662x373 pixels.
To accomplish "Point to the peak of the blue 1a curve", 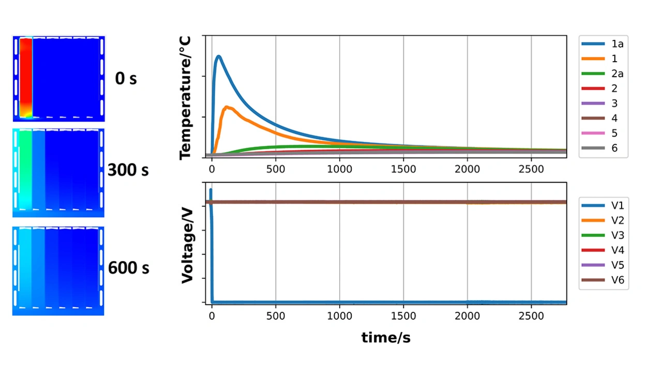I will click(219, 56).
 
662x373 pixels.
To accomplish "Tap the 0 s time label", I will click(126, 79).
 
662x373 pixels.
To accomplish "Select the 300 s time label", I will click(128, 170).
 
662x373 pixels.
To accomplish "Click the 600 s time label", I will click(128, 267).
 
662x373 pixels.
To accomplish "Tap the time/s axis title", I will click(386, 338).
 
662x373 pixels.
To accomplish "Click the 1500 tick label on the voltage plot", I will click(403, 315).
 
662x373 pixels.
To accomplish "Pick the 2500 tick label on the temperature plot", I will click(531, 169).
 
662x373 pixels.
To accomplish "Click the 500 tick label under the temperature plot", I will click(276, 169).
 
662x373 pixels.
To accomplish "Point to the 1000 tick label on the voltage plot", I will click(339, 315).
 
